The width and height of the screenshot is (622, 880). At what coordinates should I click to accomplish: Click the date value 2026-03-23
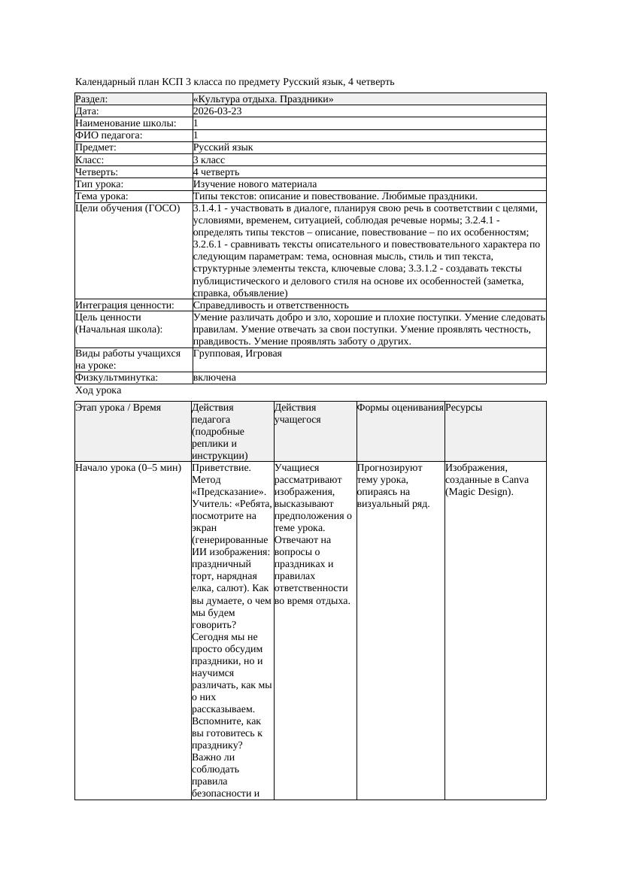click(217, 111)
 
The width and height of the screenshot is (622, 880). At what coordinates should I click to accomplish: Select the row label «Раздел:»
click(92, 99)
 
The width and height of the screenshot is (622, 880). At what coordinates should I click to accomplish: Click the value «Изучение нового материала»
click(255, 184)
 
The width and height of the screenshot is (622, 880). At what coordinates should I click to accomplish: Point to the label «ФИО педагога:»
click(109, 135)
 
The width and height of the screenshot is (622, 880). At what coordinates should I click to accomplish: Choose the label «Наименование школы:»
click(126, 123)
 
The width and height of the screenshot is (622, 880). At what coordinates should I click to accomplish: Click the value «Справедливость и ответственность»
click(271, 305)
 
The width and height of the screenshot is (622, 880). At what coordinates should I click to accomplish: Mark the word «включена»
click(214, 378)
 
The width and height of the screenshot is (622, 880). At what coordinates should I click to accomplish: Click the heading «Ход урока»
click(99, 391)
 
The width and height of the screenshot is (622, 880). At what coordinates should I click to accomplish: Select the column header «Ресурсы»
click(463, 408)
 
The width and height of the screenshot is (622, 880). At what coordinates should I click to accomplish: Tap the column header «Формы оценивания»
click(400, 408)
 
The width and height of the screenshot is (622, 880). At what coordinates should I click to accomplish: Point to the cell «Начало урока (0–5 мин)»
click(129, 468)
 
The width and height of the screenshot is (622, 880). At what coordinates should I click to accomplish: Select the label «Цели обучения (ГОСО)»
click(128, 208)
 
